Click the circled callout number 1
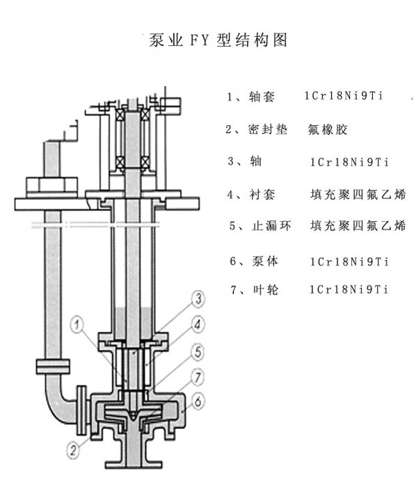tap(77, 324)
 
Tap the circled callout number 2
tap(73, 450)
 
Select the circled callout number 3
tap(198, 298)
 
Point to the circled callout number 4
tap(197, 325)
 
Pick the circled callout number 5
tap(197, 351)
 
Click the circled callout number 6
tap(198, 401)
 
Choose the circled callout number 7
tap(197, 376)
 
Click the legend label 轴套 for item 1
tap(262, 97)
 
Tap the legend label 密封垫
tap(268, 129)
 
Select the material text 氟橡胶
tap(328, 129)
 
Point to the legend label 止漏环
tap(271, 226)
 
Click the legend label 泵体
tap(265, 261)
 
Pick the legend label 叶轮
tap(266, 289)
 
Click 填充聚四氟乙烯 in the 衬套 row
tap(358, 195)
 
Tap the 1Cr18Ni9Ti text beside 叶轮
tap(349, 289)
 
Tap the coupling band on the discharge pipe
tap(53, 366)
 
